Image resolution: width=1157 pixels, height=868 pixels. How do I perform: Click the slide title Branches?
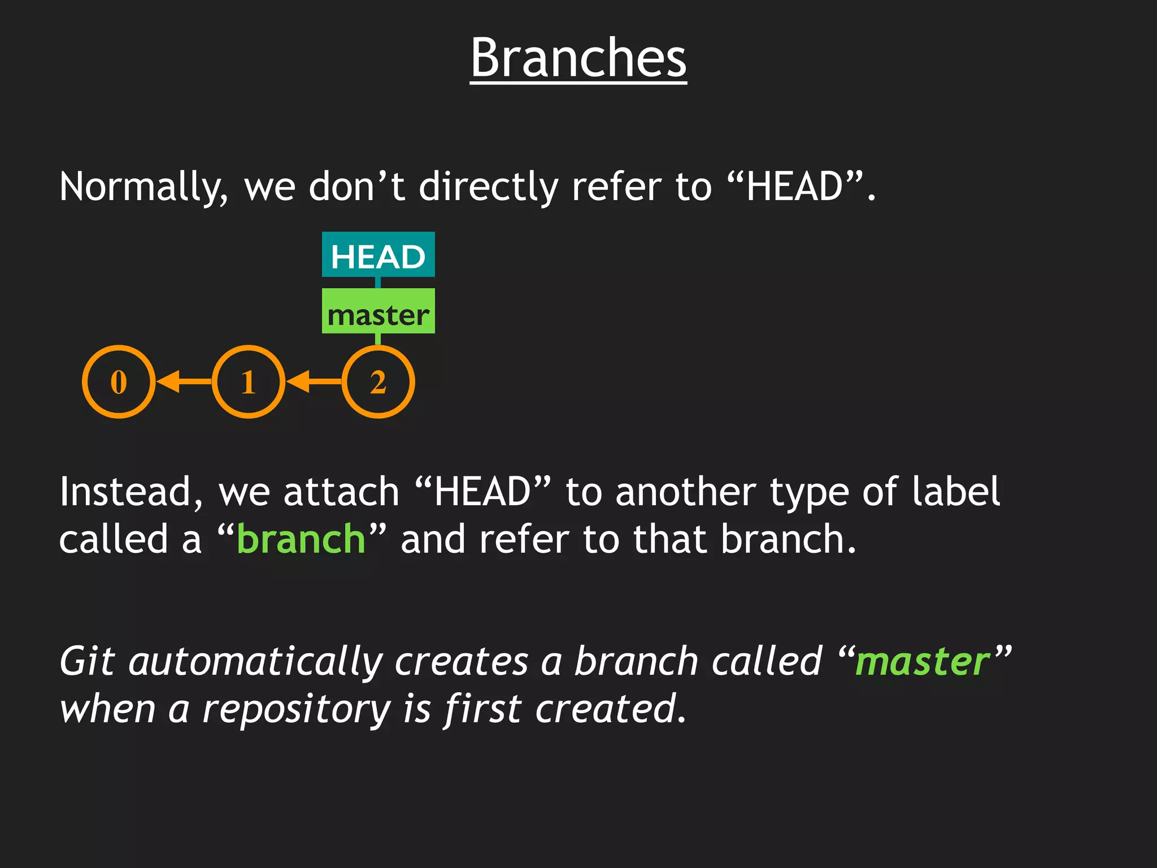coord(578,58)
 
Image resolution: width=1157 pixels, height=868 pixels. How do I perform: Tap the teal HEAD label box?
coord(378,255)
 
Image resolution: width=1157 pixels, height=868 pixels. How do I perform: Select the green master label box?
coord(378,311)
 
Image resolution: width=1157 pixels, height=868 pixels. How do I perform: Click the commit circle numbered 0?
coord(119,382)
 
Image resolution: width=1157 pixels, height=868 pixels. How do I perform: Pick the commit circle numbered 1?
coord(249,382)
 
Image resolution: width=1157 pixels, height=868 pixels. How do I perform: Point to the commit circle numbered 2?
coord(378,382)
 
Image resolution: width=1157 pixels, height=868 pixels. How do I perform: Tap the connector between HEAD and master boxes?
coord(378,283)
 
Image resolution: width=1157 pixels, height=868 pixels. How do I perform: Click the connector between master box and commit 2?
coord(378,339)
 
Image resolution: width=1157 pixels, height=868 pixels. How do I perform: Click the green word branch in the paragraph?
coord(301,539)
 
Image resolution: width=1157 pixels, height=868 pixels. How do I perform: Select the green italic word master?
coord(923,662)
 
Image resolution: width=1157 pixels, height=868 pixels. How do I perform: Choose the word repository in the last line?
coord(296,710)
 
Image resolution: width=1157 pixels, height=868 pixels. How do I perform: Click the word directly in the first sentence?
coord(488,188)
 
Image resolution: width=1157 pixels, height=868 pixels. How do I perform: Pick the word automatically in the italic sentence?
coord(255,662)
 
